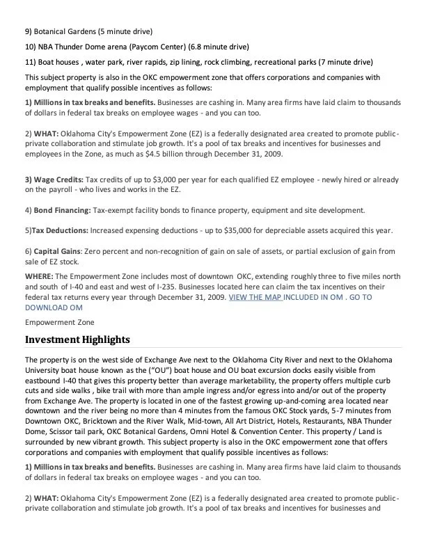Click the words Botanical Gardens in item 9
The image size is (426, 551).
pos(65,32)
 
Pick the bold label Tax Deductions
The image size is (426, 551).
pos(59,231)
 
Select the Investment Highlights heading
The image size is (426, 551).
pos(77,340)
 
